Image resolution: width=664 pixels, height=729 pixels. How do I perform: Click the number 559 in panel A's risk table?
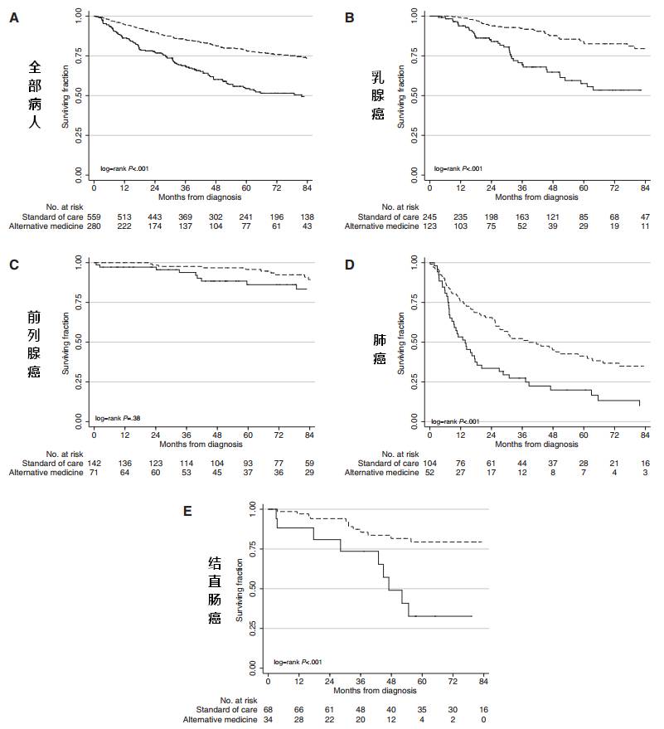pyautogui.click(x=95, y=216)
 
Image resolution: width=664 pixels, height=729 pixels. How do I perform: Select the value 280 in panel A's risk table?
pyautogui.click(x=95, y=226)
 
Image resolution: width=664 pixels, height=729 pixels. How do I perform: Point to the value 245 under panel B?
pyautogui.click(x=430, y=216)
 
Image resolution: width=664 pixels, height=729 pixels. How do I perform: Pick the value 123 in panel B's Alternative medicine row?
pyautogui.click(x=430, y=226)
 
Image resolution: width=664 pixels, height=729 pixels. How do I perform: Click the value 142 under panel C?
pyautogui.click(x=95, y=461)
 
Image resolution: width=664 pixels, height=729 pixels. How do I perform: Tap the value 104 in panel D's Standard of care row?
pyautogui.click(x=430, y=461)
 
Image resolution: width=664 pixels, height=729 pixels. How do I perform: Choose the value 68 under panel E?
pyautogui.click(x=269, y=710)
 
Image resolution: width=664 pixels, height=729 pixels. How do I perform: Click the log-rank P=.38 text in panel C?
pyautogui.click(x=116, y=418)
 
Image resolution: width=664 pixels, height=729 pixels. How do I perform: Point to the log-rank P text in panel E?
pyautogui.click(x=297, y=662)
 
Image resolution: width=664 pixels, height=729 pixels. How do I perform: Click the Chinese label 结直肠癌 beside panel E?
pyautogui.click(x=214, y=590)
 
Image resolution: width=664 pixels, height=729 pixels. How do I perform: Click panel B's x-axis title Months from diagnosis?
pyautogui.click(x=537, y=197)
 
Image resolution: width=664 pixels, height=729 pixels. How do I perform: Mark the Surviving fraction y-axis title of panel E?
pyautogui.click(x=240, y=589)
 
